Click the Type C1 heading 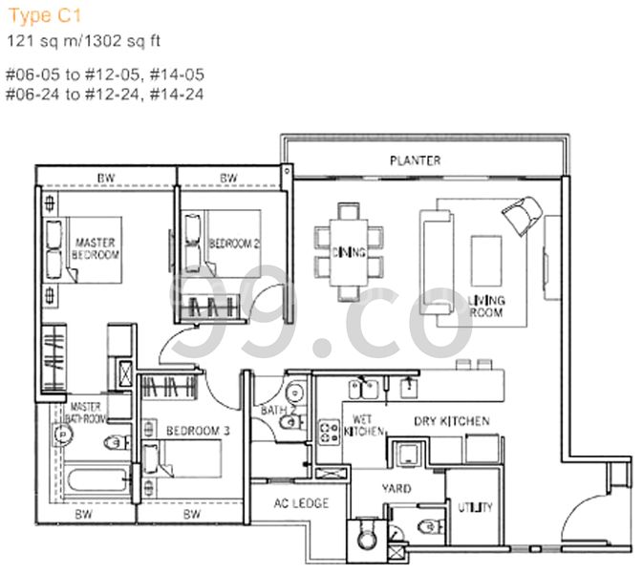(x=33, y=13)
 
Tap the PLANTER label (x=415, y=160)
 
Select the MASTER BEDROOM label (x=96, y=249)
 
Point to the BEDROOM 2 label (x=235, y=244)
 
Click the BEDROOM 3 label (x=197, y=431)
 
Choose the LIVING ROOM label (x=485, y=307)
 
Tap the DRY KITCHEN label (x=451, y=420)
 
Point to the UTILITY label (x=474, y=507)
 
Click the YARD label (x=397, y=488)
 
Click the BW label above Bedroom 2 (x=228, y=179)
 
